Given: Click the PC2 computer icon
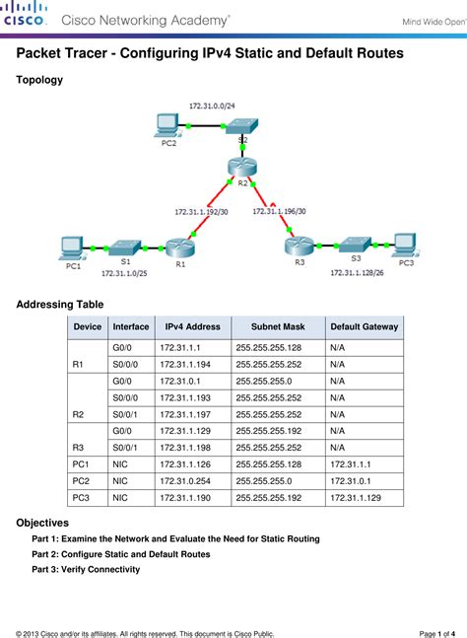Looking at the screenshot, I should (x=168, y=124).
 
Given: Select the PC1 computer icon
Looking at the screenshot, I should (x=71, y=247).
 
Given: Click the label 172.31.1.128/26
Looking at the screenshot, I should (x=359, y=272).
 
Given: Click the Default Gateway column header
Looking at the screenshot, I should (x=364, y=326).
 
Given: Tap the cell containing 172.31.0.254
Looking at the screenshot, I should (x=182, y=481).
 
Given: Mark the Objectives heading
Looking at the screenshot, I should (x=42, y=522).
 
